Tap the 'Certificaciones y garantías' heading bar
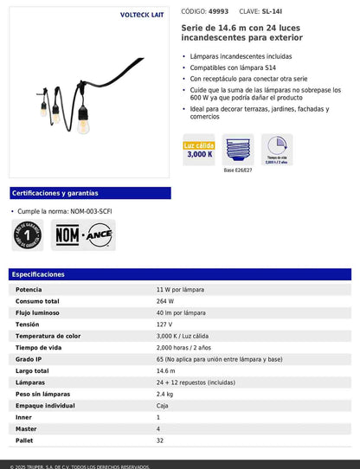[90, 193]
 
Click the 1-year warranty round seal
[29, 234]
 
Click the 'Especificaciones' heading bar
[180, 274]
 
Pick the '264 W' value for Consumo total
[165, 300]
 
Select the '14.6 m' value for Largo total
[166, 370]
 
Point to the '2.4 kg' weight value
[165, 394]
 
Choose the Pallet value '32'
[160, 440]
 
